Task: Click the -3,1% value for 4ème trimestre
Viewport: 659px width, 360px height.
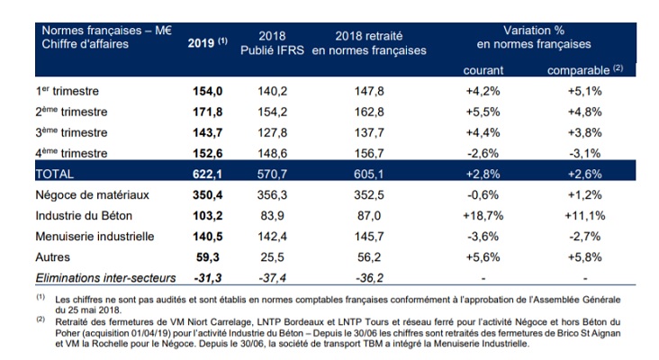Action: (x=581, y=150)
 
